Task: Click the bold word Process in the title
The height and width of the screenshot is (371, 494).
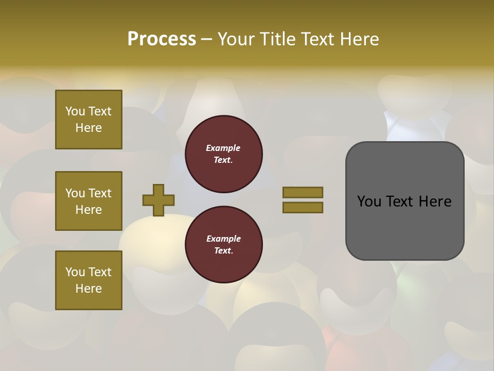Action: (162, 39)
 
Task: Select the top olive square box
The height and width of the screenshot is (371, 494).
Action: (89, 120)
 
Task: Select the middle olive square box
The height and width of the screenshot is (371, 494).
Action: (89, 201)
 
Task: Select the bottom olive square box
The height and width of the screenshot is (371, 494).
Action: (89, 280)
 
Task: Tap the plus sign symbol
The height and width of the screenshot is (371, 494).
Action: (158, 200)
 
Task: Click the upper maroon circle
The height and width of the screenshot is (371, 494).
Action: (223, 154)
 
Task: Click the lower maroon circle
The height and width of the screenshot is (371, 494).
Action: (223, 245)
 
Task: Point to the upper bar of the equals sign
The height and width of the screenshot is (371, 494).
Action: (303, 192)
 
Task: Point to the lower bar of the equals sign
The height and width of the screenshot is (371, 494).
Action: (303, 208)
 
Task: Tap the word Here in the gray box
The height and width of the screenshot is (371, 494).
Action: (435, 201)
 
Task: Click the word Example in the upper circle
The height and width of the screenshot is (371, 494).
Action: (223, 148)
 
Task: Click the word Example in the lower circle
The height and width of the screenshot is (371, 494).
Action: (223, 239)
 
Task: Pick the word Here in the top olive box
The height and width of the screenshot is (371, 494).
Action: (89, 128)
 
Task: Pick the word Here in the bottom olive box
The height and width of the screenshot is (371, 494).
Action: (89, 289)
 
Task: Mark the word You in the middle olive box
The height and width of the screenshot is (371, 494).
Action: (75, 193)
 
